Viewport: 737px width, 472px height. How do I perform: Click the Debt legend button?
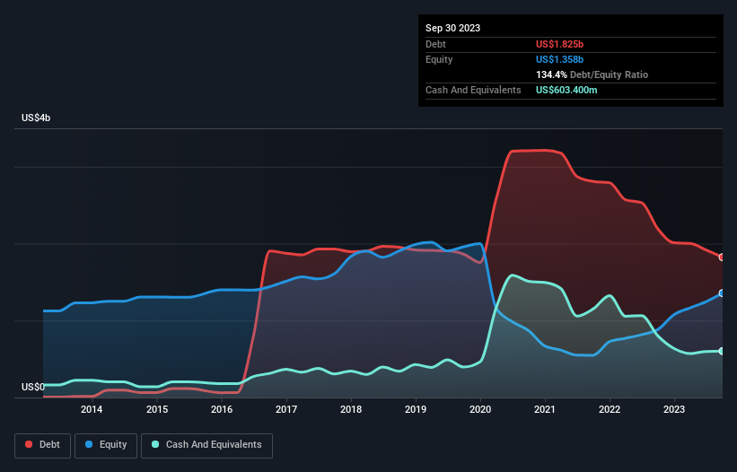click(x=41, y=444)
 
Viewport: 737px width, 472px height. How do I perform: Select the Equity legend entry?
click(x=106, y=444)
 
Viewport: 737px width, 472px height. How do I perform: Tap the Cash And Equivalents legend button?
click(x=206, y=444)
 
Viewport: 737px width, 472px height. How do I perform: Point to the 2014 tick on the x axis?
click(x=92, y=410)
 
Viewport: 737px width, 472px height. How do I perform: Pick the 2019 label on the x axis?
click(x=416, y=410)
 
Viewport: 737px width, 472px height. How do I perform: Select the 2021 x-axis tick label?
click(x=545, y=410)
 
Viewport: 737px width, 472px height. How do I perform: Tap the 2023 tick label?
click(x=674, y=410)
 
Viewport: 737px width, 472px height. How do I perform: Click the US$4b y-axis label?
click(x=38, y=118)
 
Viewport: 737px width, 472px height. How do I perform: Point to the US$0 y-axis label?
click(x=32, y=387)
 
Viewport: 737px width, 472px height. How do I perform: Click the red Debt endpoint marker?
click(x=722, y=258)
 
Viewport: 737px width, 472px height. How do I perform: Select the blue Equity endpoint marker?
click(x=722, y=293)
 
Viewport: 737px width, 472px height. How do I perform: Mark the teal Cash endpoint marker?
click(x=722, y=351)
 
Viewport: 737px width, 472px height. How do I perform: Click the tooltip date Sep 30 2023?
click(x=452, y=28)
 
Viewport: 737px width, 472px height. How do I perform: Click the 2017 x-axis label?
click(x=285, y=410)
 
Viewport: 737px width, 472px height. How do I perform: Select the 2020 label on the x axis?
click(x=480, y=410)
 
